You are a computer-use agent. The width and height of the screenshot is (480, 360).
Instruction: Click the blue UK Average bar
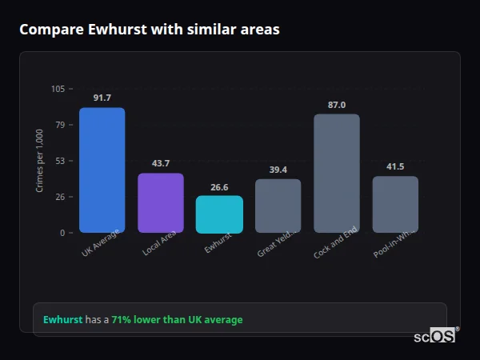102,170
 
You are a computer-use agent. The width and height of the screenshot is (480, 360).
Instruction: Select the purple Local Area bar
160,202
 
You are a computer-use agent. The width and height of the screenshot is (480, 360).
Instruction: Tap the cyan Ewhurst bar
219,214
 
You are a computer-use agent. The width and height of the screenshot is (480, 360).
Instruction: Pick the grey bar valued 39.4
278,206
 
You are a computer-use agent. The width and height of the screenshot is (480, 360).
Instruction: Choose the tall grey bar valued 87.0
337,173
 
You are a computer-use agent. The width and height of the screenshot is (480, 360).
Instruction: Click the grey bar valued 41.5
395,204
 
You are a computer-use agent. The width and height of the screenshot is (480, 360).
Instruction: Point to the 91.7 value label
102,98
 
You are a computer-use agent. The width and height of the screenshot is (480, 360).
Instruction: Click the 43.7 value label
160,163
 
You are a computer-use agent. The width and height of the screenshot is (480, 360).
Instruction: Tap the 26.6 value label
219,186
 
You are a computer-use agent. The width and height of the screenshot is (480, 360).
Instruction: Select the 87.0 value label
337,104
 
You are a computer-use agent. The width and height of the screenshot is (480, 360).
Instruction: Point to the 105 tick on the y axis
58,89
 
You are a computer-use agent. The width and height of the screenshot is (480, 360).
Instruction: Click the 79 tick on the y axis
60,125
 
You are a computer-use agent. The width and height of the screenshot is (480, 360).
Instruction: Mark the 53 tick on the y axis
60,161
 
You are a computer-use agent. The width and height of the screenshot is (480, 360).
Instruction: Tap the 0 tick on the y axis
62,233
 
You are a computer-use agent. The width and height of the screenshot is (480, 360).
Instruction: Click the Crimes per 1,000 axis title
40,161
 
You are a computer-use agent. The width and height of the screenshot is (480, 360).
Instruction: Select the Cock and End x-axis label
334,243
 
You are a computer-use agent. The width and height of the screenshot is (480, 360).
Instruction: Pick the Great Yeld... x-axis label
277,243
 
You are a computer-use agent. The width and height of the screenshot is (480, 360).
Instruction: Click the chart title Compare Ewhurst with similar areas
149,30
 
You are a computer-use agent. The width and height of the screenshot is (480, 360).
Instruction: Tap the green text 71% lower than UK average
177,319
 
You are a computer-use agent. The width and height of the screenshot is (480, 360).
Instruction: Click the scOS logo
434,337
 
